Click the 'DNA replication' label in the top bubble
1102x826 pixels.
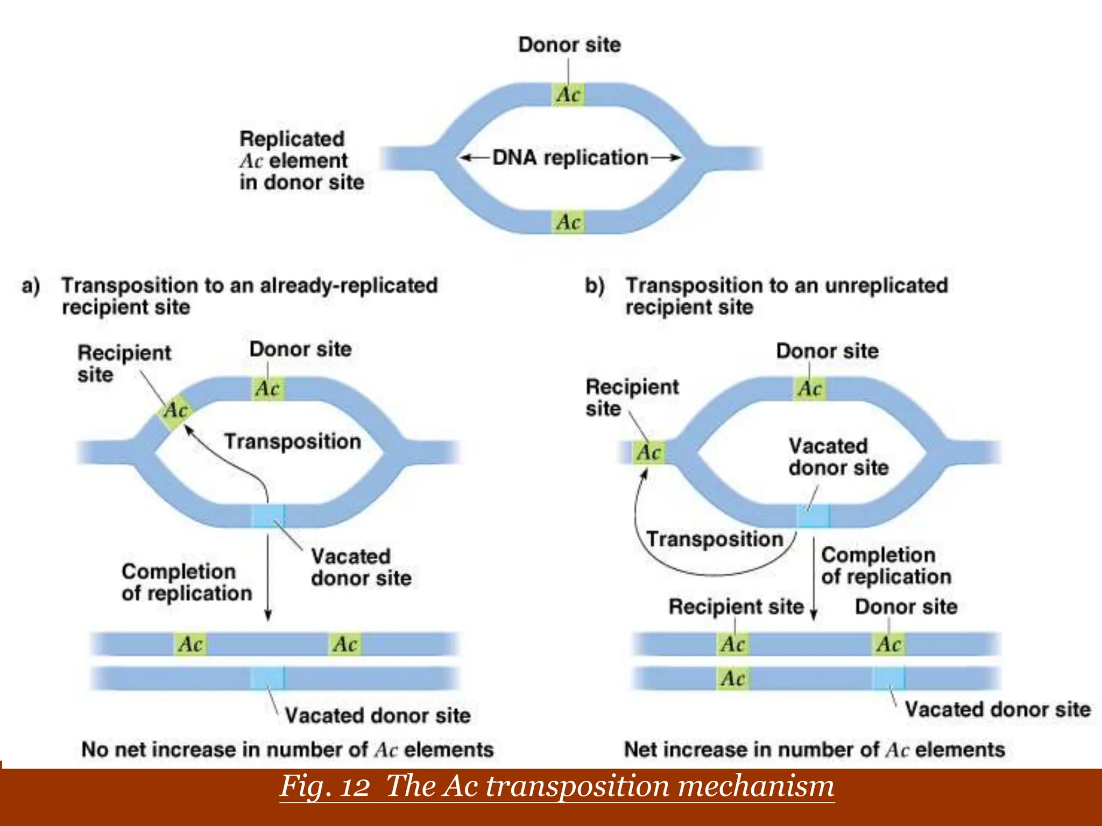tap(570, 158)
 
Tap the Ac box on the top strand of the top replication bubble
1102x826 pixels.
tap(568, 95)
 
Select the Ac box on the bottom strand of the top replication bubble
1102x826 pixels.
tap(568, 222)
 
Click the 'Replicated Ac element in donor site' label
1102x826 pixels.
tap(301, 160)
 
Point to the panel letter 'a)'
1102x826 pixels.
tap(31, 286)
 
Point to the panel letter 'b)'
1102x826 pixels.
tap(595, 286)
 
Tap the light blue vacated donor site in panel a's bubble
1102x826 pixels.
tap(268, 515)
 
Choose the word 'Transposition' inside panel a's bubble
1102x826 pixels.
tap(292, 442)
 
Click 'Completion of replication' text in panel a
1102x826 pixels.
tap(186, 582)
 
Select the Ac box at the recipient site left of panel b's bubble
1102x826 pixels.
tap(648, 452)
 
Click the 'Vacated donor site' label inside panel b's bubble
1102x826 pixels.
tap(838, 457)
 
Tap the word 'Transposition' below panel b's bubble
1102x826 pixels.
tap(715, 539)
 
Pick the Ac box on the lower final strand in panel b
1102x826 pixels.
tap(733, 678)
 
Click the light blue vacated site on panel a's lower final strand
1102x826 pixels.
tap(268, 678)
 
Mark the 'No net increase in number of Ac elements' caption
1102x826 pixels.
tap(287, 749)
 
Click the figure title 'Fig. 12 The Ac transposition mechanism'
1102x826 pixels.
tap(556, 786)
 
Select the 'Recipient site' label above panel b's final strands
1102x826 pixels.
tap(736, 607)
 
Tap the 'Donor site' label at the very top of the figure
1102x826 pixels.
tap(569, 45)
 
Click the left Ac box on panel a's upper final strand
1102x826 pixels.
tap(190, 644)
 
